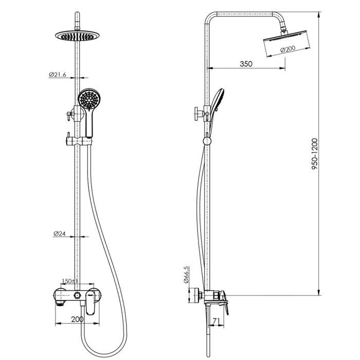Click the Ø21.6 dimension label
[x=58, y=75]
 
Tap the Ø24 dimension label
[x=60, y=233]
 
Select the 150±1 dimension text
[x=70, y=281]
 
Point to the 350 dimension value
[x=246, y=64]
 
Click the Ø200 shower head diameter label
[x=288, y=49]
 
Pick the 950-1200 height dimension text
[x=315, y=154]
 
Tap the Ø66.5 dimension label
[x=186, y=275]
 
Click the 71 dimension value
[x=217, y=321]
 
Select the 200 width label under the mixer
[x=77, y=319]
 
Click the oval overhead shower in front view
[x=78, y=35]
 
